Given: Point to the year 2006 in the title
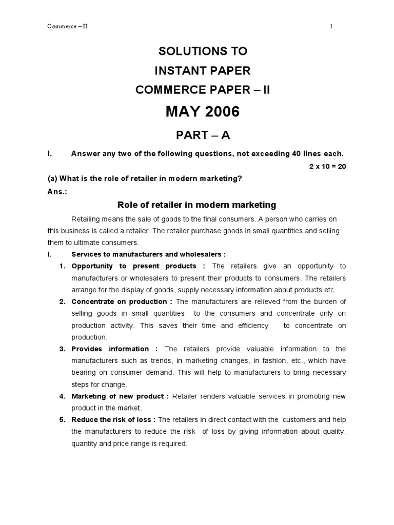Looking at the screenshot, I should coord(219,112).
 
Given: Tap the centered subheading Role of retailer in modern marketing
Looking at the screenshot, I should coord(197,205).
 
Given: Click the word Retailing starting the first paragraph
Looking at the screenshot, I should coord(87,219).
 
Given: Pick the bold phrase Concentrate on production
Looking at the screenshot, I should coord(119,301).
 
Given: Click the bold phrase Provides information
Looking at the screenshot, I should coord(110,349).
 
